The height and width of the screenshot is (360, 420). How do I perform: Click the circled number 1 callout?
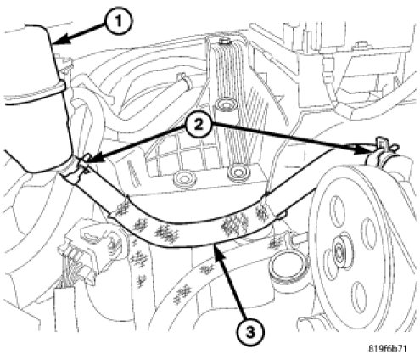(x=118, y=21)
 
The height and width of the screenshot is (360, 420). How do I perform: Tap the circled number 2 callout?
(x=199, y=125)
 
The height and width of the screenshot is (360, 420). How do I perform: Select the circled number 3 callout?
(x=250, y=332)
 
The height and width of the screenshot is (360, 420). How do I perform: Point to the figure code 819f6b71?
(x=388, y=349)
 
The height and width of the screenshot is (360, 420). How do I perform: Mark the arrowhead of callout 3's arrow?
(x=216, y=251)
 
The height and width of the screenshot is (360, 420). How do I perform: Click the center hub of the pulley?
(x=339, y=250)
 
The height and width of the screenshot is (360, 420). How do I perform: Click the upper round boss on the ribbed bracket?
(x=225, y=105)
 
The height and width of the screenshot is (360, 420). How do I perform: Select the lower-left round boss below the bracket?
(x=184, y=179)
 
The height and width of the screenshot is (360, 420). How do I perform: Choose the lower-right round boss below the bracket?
(x=238, y=172)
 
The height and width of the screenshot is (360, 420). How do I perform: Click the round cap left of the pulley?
(x=287, y=264)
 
